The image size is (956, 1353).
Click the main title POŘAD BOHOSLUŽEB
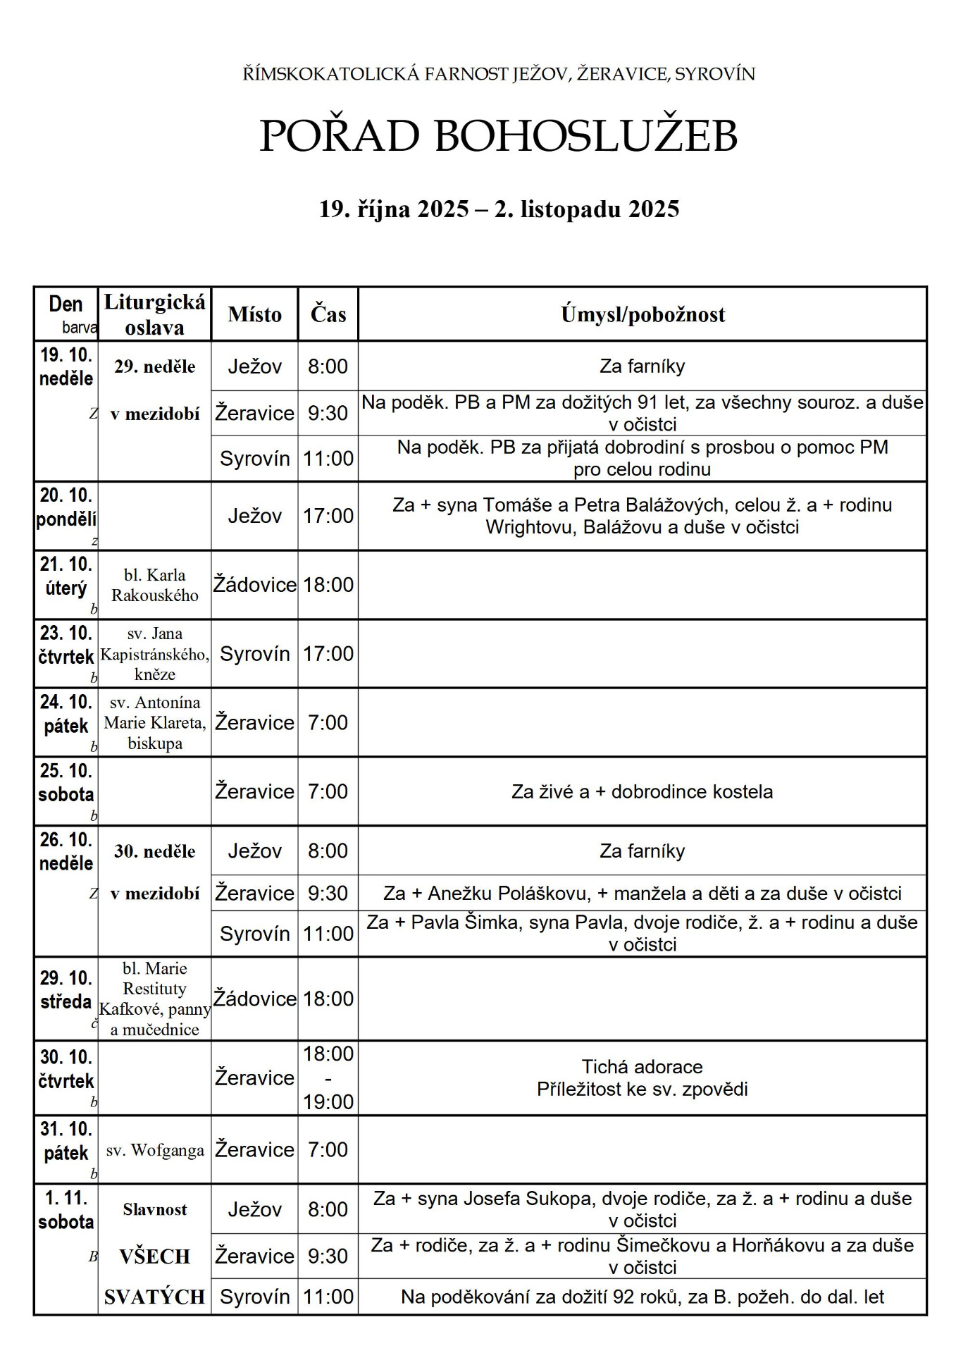tap(498, 135)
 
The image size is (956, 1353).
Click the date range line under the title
tap(499, 209)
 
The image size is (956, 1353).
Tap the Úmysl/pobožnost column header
tap(642, 314)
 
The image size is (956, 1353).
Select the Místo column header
tap(254, 314)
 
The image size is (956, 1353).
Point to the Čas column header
tap(328, 314)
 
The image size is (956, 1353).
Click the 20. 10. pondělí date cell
tap(66, 508)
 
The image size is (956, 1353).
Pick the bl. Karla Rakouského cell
tap(155, 585)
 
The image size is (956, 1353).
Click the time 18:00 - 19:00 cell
tap(328, 1077)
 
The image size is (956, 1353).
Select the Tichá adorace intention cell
tap(642, 1077)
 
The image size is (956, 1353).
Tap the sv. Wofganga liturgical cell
tap(155, 1150)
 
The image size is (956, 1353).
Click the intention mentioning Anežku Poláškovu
tap(642, 894)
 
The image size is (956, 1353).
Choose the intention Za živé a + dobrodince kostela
tap(642, 791)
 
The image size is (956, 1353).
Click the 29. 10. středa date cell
tap(66, 990)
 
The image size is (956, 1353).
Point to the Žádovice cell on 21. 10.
tap(254, 585)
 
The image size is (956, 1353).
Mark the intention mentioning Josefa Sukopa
tap(642, 1209)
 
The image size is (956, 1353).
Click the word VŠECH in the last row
tap(155, 1256)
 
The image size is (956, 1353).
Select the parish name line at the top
tap(499, 74)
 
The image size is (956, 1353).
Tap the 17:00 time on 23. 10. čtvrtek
tap(328, 654)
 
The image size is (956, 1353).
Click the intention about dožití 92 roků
tap(642, 1297)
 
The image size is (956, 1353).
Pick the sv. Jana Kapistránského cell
tap(155, 654)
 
